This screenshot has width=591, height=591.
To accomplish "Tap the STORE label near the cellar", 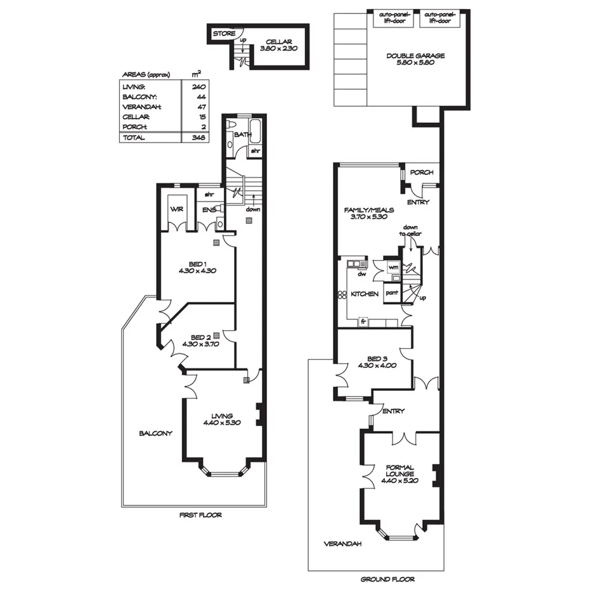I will pyautogui.click(x=224, y=34).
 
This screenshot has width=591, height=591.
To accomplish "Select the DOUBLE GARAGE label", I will pyautogui.click(x=415, y=56).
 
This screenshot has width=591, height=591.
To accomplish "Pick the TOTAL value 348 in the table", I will pyautogui.click(x=199, y=137).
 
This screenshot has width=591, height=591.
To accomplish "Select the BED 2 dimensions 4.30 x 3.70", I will pyautogui.click(x=200, y=344).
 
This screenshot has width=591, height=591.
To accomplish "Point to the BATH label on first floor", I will pyautogui.click(x=242, y=134).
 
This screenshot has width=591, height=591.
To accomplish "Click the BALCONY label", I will pyautogui.click(x=155, y=433).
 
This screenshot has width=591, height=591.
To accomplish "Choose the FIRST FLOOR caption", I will pyautogui.click(x=200, y=515).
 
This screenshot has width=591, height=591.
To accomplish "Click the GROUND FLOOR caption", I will pyautogui.click(x=387, y=579).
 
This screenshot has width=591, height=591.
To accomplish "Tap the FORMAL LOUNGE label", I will pyautogui.click(x=399, y=471).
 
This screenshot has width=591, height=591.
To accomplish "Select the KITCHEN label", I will pyautogui.click(x=365, y=294).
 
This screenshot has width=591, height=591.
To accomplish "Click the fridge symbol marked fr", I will pyautogui.click(x=364, y=321).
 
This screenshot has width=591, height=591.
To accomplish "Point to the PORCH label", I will pyautogui.click(x=421, y=172).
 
